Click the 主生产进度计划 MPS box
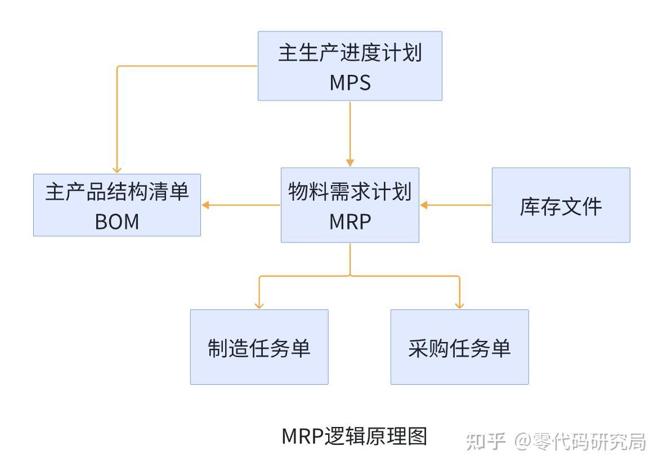pos(350,66)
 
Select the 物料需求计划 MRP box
pos(350,205)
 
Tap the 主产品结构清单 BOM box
pos(117,205)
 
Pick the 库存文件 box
pos(561,205)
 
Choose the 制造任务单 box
pos(259,346)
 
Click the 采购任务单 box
pos(459,346)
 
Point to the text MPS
pos(350,83)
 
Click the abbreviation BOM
pos(117,222)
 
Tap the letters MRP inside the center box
pos(350,222)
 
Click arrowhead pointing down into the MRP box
pos(350,163)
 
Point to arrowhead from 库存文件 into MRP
pos(424,205)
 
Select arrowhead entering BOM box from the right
pos(206,205)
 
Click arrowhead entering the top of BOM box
pos(117,169)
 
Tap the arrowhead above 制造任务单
pos(259,305)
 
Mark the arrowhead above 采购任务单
pos(459,305)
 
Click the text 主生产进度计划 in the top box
pos(350,53)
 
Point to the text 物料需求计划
pos(350,192)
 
